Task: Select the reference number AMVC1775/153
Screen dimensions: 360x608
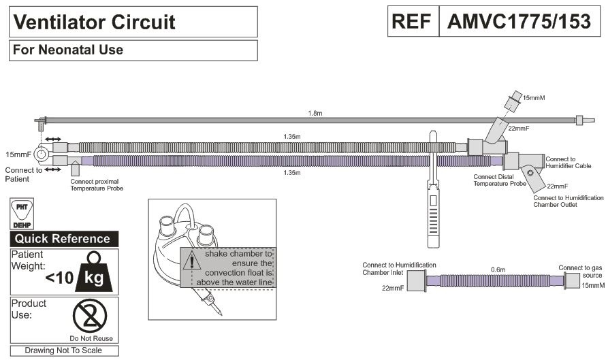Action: pyautogui.click(x=519, y=22)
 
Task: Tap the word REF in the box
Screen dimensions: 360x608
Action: pyautogui.click(x=412, y=22)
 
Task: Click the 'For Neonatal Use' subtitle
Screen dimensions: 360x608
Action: pyautogui.click(x=67, y=50)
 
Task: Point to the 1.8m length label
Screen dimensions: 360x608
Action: pyautogui.click(x=314, y=113)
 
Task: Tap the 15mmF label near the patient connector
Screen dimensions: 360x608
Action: pyautogui.click(x=16, y=155)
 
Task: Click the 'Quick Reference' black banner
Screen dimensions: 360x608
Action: pyautogui.click(x=63, y=239)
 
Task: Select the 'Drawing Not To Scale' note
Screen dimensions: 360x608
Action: pyautogui.click(x=64, y=351)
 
